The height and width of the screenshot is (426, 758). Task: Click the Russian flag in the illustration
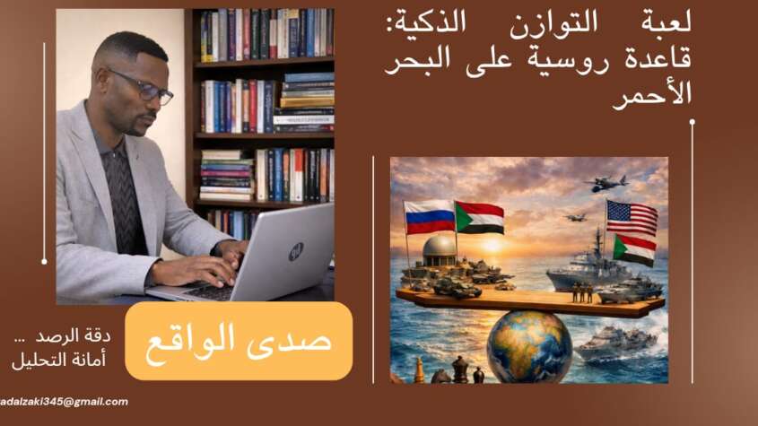(430, 217)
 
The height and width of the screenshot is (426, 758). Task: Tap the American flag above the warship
(632, 218)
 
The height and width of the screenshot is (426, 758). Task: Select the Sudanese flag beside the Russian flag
(480, 218)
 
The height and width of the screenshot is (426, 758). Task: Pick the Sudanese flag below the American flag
(634, 250)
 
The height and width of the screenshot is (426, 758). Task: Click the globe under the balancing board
(529, 347)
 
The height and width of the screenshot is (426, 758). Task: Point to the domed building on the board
(440, 250)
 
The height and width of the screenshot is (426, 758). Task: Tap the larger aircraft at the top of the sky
(606, 183)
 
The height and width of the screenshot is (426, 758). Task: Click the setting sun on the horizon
(492, 245)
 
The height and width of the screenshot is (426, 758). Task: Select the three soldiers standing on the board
(582, 293)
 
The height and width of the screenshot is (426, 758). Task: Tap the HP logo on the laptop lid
(296, 251)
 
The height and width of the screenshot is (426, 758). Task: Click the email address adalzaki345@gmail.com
(64, 402)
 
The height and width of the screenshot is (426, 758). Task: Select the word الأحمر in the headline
(652, 95)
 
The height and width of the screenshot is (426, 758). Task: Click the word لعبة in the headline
(667, 23)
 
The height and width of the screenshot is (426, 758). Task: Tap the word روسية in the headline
(554, 58)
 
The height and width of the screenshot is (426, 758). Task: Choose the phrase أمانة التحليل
(59, 360)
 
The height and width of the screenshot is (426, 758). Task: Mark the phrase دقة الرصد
(73, 336)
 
